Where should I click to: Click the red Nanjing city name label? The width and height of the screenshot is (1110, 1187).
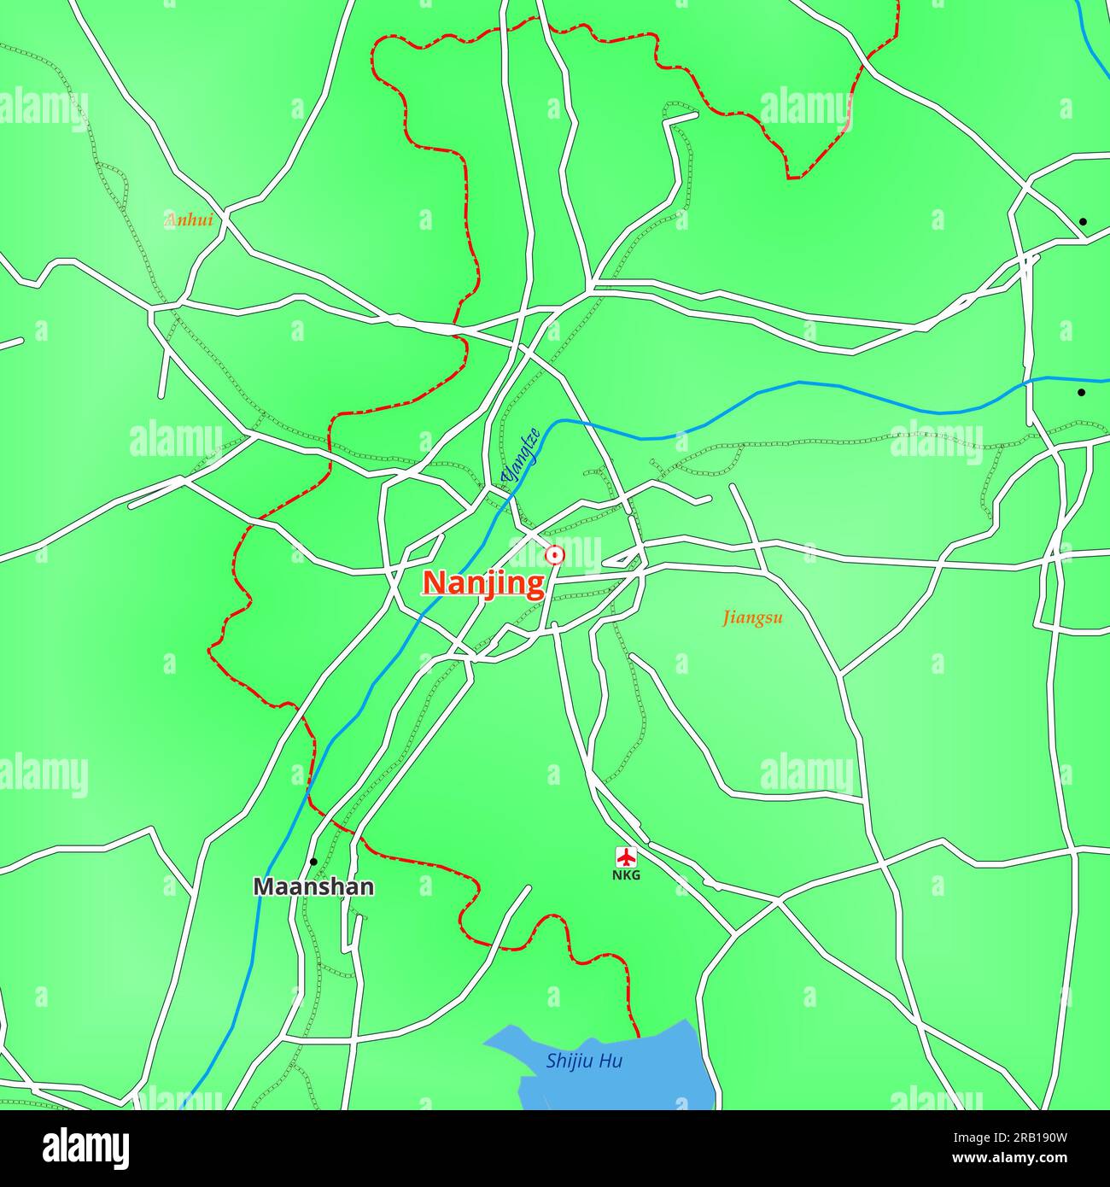(x=484, y=584)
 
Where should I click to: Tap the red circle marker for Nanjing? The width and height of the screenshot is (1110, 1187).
(x=555, y=556)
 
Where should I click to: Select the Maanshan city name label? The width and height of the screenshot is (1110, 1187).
(x=313, y=887)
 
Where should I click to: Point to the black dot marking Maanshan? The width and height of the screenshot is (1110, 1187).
(x=313, y=862)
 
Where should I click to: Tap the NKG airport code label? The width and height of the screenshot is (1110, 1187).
(x=626, y=875)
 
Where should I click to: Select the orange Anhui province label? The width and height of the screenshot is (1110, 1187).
(x=188, y=220)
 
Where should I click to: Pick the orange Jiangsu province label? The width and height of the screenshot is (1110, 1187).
(x=752, y=617)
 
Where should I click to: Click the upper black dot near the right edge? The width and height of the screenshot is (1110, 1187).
(x=1083, y=222)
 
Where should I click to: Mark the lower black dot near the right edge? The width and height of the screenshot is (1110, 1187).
(x=1081, y=393)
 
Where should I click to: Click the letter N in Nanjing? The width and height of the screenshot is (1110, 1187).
(x=433, y=584)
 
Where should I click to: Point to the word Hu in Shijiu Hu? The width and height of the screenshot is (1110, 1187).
(x=610, y=1061)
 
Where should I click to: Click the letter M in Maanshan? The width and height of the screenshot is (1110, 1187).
(x=264, y=887)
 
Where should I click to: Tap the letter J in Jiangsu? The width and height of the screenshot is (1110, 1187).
(x=727, y=618)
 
